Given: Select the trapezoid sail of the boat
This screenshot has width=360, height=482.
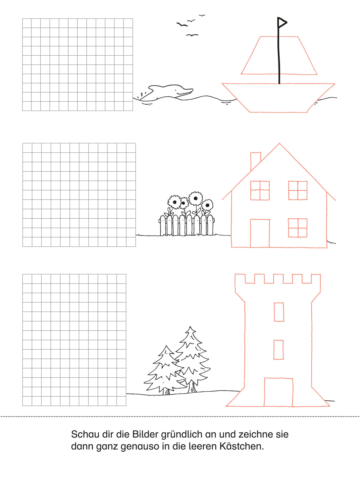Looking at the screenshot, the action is pyautogui.click(x=279, y=55).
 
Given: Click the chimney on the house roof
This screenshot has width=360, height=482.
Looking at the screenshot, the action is pyautogui.click(x=255, y=161).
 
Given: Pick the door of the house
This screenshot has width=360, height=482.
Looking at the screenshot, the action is pyautogui.click(x=260, y=233).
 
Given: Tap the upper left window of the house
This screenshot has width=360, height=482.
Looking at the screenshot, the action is pyautogui.click(x=260, y=190).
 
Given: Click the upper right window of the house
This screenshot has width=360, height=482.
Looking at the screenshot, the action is pyautogui.click(x=298, y=190).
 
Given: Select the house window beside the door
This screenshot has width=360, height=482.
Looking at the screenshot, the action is pyautogui.click(x=298, y=228).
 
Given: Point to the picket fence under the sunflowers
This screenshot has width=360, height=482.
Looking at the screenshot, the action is pyautogui.click(x=186, y=225).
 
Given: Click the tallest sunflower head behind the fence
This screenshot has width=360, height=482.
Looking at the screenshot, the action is pyautogui.click(x=195, y=198).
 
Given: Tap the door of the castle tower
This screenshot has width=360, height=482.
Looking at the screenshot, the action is pyautogui.click(x=278, y=392).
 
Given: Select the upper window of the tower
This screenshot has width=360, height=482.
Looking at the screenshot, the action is pyautogui.click(x=279, y=312).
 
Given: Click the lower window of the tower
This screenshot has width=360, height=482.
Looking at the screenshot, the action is pyautogui.click(x=279, y=350).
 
